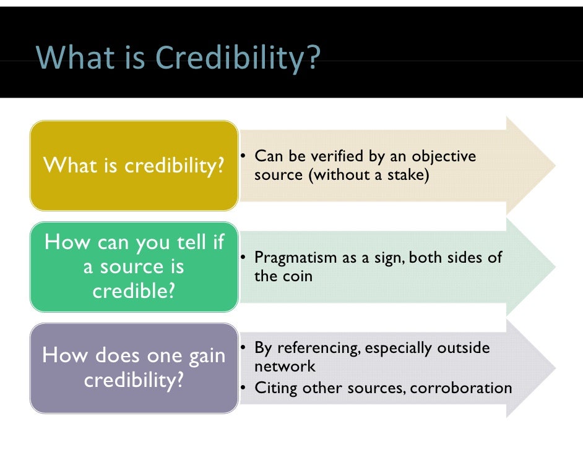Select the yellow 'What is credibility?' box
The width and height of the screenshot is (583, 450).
[x=134, y=166]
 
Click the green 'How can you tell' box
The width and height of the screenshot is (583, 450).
[x=134, y=266]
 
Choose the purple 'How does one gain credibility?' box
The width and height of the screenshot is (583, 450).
[x=134, y=368]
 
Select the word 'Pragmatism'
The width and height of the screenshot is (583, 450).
[x=296, y=258]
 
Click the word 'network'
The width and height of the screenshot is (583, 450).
[x=285, y=366]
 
